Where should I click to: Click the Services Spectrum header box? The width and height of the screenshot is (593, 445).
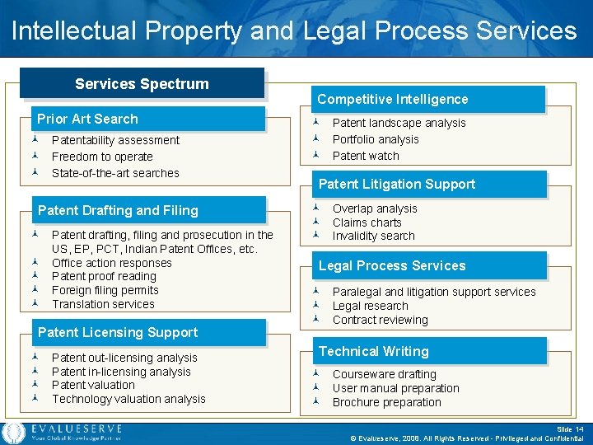click(142, 83)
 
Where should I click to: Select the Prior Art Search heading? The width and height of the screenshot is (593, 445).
click(87, 119)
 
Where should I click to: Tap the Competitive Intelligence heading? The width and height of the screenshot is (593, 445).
click(392, 99)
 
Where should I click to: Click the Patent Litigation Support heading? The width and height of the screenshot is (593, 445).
click(396, 184)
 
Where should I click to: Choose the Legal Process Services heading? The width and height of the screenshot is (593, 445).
click(392, 265)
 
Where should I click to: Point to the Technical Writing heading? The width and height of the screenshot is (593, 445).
click(373, 351)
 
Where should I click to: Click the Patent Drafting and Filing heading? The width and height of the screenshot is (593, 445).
click(118, 210)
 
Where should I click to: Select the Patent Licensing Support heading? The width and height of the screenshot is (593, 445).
click(118, 332)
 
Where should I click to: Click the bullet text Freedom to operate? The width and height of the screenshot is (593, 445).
click(102, 157)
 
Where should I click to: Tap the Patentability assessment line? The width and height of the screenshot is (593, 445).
click(115, 140)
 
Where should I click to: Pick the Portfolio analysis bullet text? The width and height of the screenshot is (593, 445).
click(376, 139)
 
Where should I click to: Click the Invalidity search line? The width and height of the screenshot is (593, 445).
click(373, 236)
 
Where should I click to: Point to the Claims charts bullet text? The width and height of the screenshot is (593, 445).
click(367, 222)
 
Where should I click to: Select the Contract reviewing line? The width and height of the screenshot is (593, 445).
click(380, 320)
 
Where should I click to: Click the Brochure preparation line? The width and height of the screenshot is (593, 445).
click(386, 402)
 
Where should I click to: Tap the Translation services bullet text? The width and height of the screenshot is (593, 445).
click(103, 304)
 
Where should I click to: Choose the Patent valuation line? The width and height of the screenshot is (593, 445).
click(93, 385)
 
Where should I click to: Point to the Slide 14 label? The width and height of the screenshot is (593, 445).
click(568, 429)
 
